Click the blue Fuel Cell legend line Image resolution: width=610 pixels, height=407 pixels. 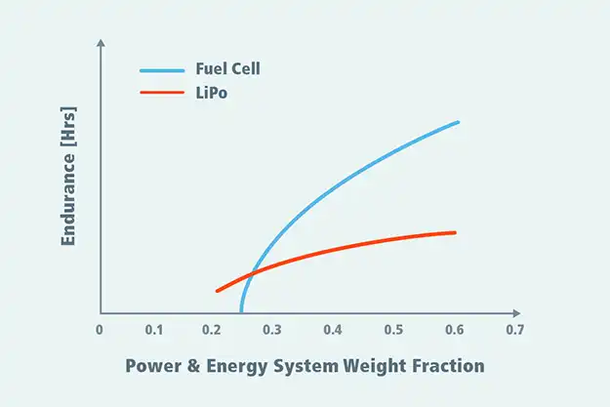click(x=161, y=70)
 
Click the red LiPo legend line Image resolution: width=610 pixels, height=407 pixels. click(x=161, y=93)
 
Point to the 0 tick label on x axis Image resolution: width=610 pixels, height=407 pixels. click(x=100, y=330)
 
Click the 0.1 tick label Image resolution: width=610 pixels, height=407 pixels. click(x=154, y=330)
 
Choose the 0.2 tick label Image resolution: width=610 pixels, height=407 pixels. click(x=214, y=330)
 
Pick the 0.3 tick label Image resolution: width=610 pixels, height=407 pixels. click(x=273, y=330)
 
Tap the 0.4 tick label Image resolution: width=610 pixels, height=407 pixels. click(x=334, y=330)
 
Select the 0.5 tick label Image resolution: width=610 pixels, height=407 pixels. click(x=393, y=330)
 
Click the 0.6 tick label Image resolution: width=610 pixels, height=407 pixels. click(x=453, y=330)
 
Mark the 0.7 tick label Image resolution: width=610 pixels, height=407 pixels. click(x=513, y=330)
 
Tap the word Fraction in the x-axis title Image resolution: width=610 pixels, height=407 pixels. click(x=448, y=367)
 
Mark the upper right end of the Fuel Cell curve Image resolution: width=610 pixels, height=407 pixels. click(x=458, y=122)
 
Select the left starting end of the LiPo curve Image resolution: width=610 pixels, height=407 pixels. click(x=217, y=290)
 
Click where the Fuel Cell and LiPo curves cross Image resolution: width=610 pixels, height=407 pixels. click(x=254, y=271)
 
